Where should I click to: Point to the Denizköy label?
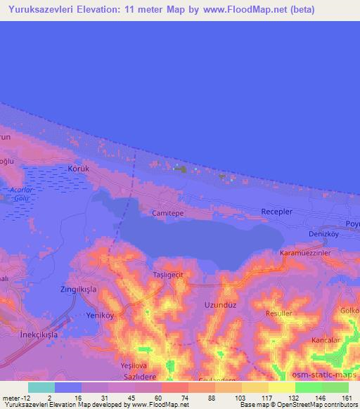coord(324,233)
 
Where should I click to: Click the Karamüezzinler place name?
coord(304,252)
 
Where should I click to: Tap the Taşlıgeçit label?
coord(168,274)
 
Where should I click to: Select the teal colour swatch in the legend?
coord(41,387)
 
